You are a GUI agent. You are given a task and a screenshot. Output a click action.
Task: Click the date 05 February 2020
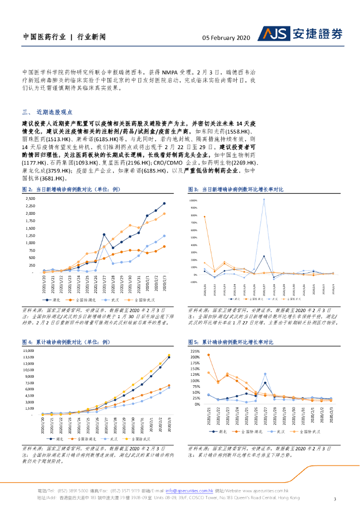(226, 37)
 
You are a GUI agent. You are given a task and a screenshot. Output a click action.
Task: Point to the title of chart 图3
(236, 189)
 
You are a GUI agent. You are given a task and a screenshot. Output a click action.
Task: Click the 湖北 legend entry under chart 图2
(56, 300)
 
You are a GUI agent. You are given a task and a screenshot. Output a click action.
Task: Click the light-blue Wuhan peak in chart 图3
(264, 199)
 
